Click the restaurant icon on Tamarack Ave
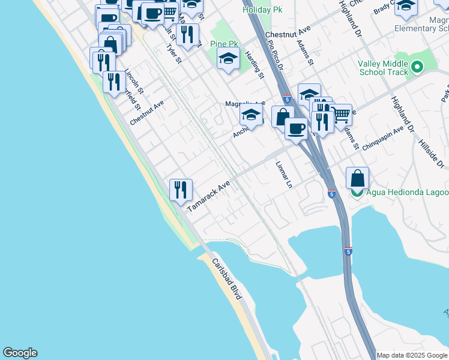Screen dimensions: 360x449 coord(181,190)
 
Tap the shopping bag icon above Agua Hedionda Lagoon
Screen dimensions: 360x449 coord(357,178)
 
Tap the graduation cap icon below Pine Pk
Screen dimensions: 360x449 coord(228,59)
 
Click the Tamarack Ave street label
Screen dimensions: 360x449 coord(209,197)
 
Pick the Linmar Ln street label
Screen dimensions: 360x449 coord(283,175)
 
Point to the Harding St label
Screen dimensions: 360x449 coord(255,65)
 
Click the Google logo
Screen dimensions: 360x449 coord(20,353)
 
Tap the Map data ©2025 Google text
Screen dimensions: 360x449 coord(412,355)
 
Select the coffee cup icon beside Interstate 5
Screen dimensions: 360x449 coord(295,128)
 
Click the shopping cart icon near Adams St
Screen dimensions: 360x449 coord(341,114)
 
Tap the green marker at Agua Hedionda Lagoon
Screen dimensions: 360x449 coord(357,192)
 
